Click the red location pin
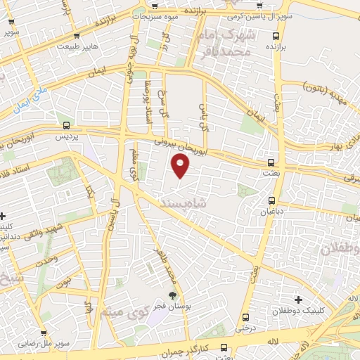pos(181,166)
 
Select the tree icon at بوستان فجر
pos(172,296)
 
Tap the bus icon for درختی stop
pos(244,318)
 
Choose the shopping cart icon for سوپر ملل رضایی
pos(44,334)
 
